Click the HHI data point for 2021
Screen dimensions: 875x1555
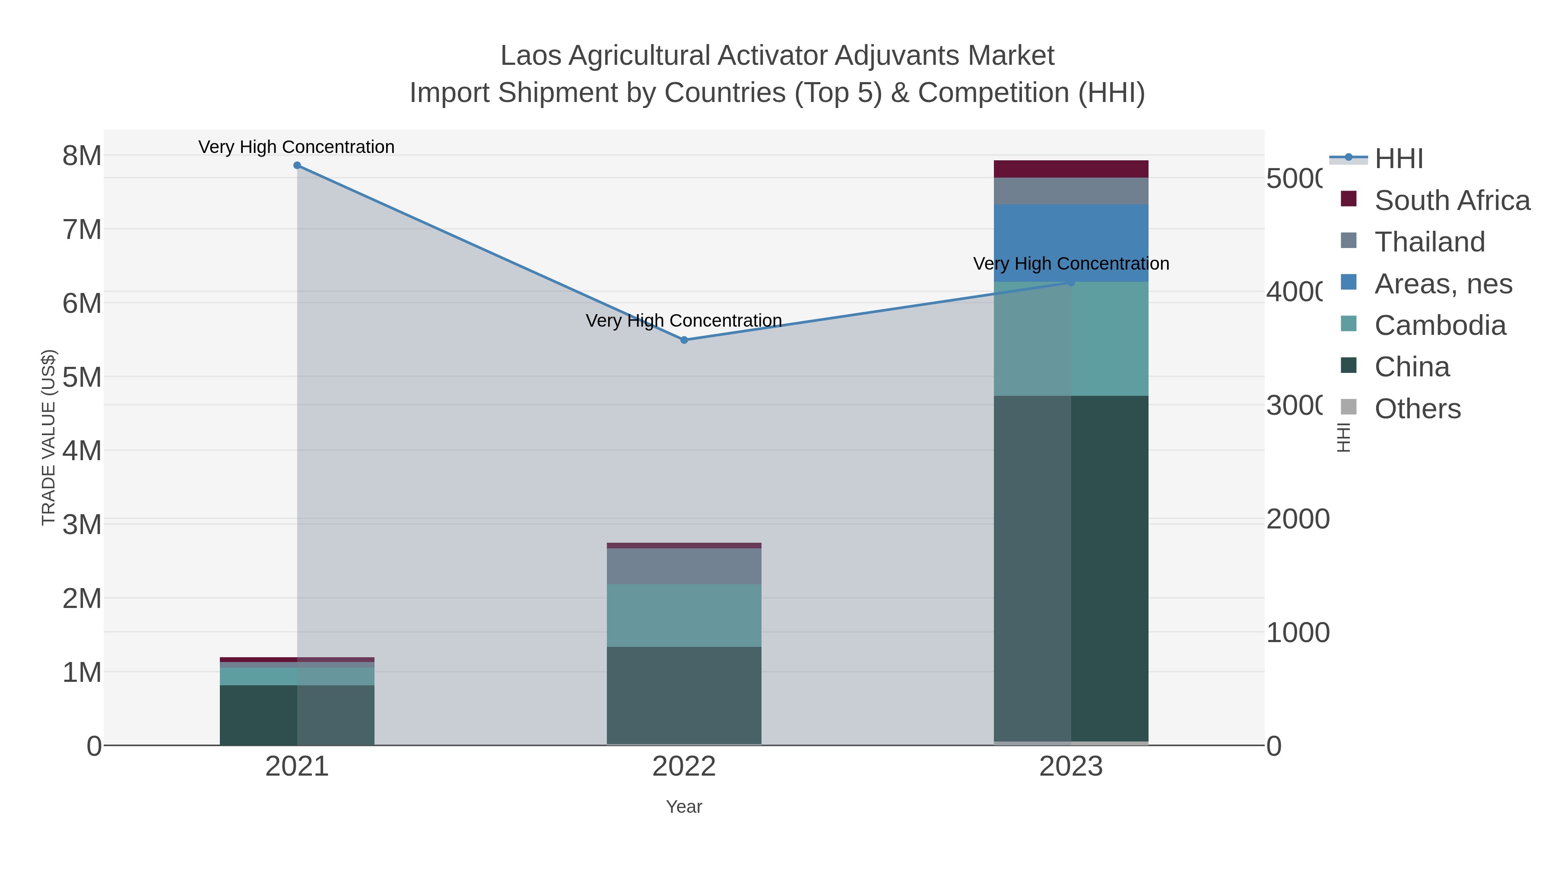click(297, 165)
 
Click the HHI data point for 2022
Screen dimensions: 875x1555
click(684, 340)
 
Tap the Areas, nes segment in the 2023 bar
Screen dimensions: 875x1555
click(1071, 243)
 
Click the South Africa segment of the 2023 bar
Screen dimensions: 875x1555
click(1071, 169)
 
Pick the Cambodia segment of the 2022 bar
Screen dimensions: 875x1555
click(684, 615)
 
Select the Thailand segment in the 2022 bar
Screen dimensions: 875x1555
click(684, 566)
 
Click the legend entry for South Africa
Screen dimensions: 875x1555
click(1452, 200)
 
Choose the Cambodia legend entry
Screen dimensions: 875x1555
click(1440, 325)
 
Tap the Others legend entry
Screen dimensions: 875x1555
click(1417, 409)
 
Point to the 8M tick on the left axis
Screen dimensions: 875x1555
click(82, 156)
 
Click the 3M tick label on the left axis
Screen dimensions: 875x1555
click(82, 524)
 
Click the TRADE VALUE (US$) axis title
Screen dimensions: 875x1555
click(48, 437)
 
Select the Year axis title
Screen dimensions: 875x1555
click(684, 807)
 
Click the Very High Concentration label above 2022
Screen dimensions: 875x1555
click(684, 321)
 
